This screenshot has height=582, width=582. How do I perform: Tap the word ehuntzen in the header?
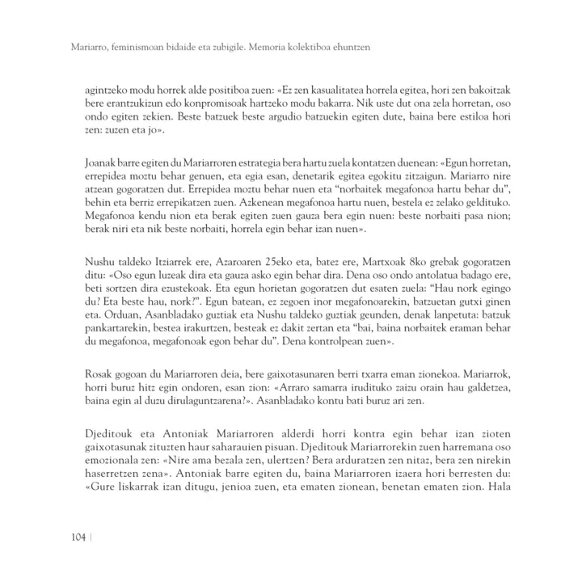352,48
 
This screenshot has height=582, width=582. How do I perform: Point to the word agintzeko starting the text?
105,91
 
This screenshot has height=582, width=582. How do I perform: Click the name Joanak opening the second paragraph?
101,164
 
